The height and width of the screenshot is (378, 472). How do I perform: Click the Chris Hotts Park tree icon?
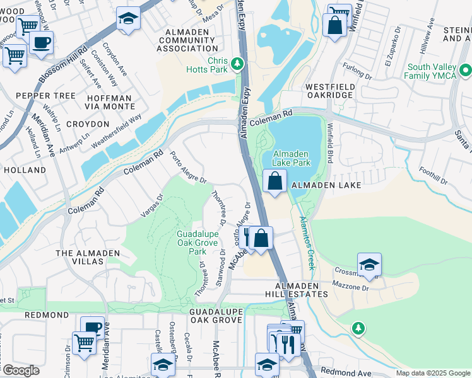click(x=237, y=64)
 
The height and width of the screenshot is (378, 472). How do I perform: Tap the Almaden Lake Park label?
click(x=291, y=158)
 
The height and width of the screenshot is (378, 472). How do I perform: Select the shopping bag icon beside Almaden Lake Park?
click(x=275, y=183)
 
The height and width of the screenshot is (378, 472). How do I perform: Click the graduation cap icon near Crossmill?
click(x=369, y=265)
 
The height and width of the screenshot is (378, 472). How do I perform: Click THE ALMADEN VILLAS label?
click(x=88, y=258)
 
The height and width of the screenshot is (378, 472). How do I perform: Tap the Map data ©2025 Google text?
click(x=432, y=373)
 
